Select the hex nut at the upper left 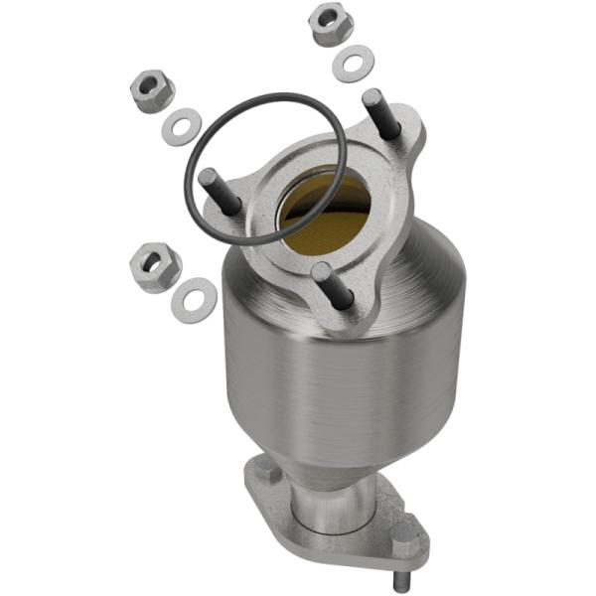pyautogui.click(x=152, y=92)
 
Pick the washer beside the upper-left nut pyautogui.click(x=182, y=127)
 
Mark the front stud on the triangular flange pyautogui.click(x=333, y=287)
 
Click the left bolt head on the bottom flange pyautogui.click(x=265, y=469)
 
